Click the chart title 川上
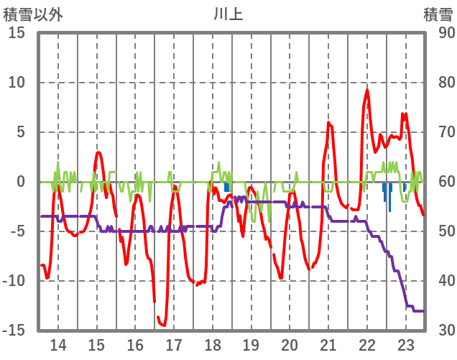pos(228,14)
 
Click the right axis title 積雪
pos(438,14)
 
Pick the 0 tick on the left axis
pos(20,182)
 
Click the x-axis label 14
pos(57,344)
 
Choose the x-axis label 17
pos(173,344)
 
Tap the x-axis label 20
pos(290,344)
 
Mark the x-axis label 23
pos(405,344)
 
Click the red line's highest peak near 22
pos(367,90)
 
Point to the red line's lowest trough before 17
pos(164,325)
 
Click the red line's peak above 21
pos(328,123)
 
